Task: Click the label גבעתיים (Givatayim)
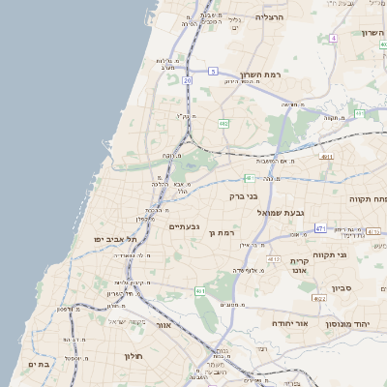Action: tap(184, 226)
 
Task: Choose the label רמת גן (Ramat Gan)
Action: tap(222, 233)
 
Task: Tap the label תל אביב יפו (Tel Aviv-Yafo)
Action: tap(113, 239)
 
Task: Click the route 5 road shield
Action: tap(213, 72)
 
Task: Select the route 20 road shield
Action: tap(187, 81)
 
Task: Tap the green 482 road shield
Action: tap(223, 124)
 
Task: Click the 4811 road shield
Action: tap(326, 156)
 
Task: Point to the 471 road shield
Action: tap(320, 228)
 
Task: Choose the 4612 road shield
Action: tap(274, 259)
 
